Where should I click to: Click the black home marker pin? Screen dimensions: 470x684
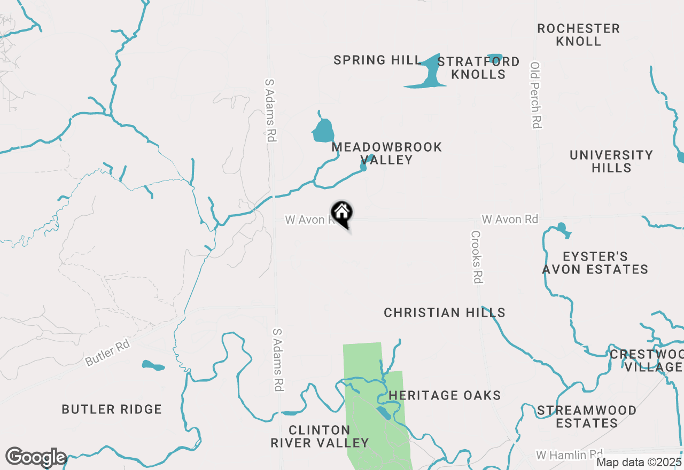click(x=342, y=213)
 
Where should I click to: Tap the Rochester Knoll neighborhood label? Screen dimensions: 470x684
click(x=578, y=35)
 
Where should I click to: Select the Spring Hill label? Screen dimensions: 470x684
click(x=378, y=60)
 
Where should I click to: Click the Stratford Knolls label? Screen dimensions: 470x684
click(x=478, y=68)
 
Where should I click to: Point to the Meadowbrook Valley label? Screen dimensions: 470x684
click(x=387, y=153)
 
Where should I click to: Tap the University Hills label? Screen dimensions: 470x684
click(x=611, y=161)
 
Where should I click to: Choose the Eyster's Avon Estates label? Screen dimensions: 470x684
click(x=595, y=263)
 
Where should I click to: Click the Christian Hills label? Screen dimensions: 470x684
click(x=445, y=312)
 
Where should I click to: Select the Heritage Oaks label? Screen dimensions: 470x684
click(x=445, y=395)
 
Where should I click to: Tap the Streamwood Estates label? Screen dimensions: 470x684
click(x=587, y=417)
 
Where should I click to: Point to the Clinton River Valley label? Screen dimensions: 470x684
click(x=320, y=436)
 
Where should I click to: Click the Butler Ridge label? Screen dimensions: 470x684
click(x=112, y=410)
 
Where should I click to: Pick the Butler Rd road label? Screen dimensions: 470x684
click(x=108, y=353)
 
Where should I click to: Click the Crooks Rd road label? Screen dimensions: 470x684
click(x=477, y=257)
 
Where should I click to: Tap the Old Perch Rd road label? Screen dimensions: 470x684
click(x=536, y=95)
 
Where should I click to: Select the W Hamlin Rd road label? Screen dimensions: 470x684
click(x=570, y=455)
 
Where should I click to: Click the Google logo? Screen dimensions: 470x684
click(x=36, y=458)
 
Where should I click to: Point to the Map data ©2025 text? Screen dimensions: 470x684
click(x=639, y=463)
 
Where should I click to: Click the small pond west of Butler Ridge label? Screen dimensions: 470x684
click(x=153, y=366)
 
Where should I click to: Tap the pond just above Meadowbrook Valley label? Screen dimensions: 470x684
click(x=323, y=131)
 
